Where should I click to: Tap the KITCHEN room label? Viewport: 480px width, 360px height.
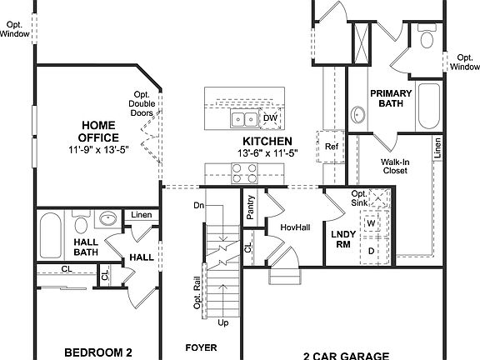tap(267, 142)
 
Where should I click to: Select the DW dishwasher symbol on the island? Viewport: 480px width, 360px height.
tap(270, 118)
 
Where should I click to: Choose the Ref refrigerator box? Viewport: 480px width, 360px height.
tap(332, 147)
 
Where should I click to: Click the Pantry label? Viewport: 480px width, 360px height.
tap(250, 209)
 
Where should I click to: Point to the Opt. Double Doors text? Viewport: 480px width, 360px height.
tap(141, 103)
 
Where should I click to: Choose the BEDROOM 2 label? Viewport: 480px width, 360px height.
tap(98, 352)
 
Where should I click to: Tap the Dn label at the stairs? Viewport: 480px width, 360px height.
tap(198, 205)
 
